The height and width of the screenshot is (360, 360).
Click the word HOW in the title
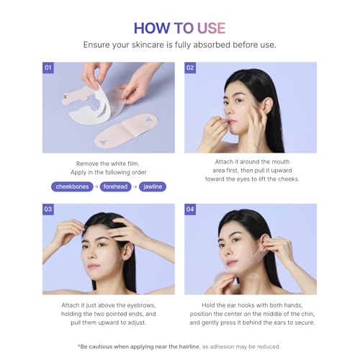[151, 28]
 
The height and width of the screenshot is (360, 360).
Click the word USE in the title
[210, 28]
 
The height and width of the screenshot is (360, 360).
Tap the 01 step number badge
[48, 68]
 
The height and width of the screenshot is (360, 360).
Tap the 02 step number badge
[190, 68]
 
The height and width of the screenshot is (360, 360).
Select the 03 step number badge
[48, 210]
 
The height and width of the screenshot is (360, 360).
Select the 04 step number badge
[190, 210]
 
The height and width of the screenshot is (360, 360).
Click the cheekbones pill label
[73, 186]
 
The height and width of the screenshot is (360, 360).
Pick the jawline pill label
[153, 186]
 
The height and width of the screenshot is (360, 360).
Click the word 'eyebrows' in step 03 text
[147, 305]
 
